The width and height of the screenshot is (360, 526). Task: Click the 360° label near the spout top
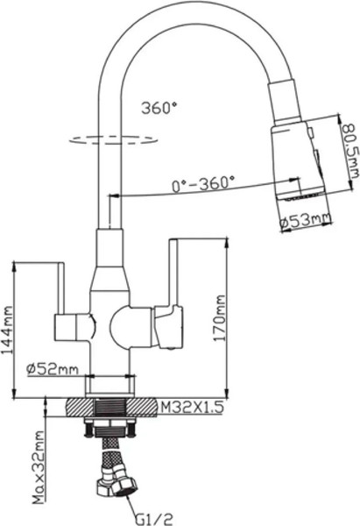pyautogui.click(x=158, y=108)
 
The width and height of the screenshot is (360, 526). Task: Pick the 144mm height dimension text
pyautogui.click(x=8, y=326)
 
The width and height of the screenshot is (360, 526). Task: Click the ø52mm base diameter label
pyautogui.click(x=52, y=369)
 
